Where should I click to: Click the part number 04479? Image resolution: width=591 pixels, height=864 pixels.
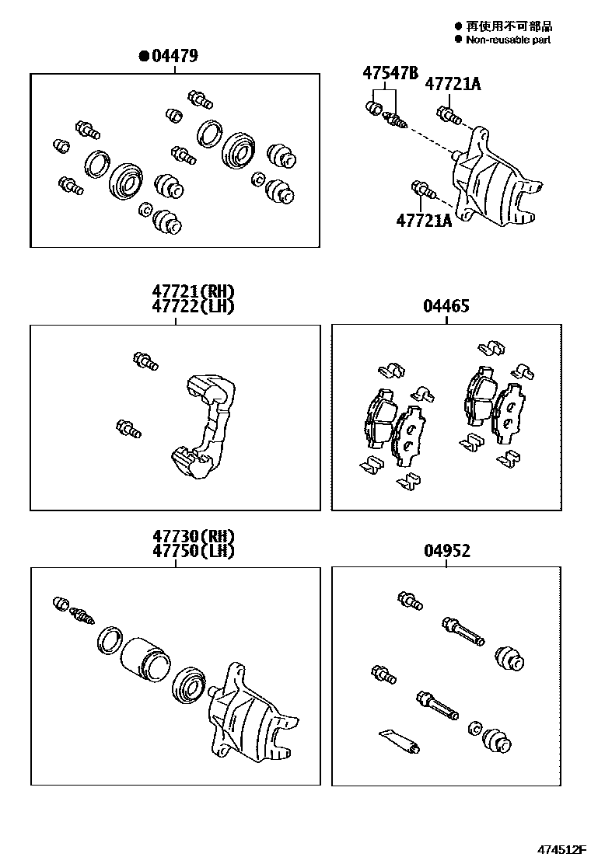tap(174, 56)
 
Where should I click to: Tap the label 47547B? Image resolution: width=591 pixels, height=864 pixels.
tap(390, 73)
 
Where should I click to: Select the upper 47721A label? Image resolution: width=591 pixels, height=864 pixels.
tap(453, 84)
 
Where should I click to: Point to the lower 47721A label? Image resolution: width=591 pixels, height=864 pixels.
tap(424, 221)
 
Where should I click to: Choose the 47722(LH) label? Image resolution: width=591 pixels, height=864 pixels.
tap(193, 306)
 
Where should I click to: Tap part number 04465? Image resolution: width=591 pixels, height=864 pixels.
tap(446, 306)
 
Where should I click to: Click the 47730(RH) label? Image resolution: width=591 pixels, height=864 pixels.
tap(194, 535)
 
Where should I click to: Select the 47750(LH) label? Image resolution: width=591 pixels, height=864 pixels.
tap(194, 550)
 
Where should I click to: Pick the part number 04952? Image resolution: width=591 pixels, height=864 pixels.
tap(447, 550)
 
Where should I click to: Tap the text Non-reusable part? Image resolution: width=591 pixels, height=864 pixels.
tap(508, 40)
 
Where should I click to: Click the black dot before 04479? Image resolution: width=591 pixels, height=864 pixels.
tap(144, 56)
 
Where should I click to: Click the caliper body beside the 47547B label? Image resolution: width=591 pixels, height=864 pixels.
tap(495, 177)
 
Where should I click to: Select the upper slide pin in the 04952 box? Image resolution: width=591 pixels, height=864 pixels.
tap(463, 632)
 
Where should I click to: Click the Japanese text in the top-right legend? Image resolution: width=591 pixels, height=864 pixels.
tap(509, 26)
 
